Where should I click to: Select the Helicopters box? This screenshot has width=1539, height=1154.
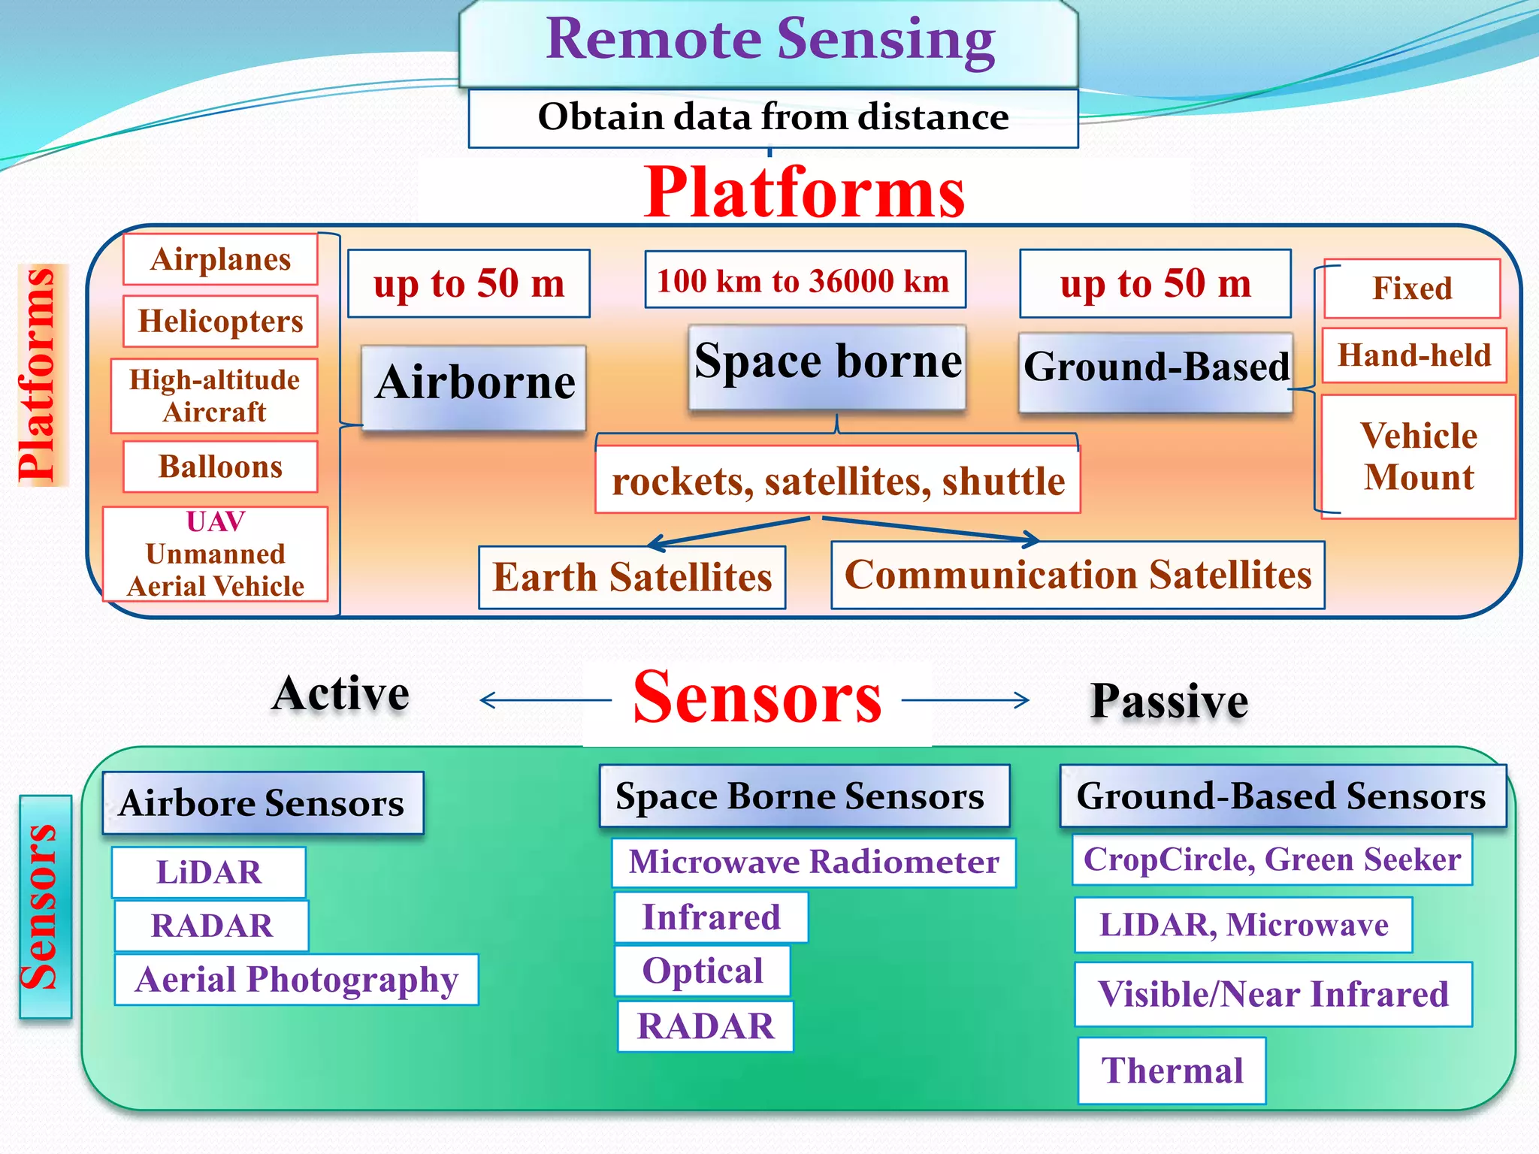pos(220,322)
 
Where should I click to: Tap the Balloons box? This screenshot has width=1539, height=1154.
pos(220,467)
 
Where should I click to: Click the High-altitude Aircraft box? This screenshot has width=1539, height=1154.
pos(214,396)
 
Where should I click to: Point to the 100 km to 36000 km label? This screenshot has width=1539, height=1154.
pos(804,281)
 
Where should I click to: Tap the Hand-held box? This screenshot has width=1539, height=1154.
pos(1414,355)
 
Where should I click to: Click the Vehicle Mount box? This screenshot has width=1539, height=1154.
pos(1418,456)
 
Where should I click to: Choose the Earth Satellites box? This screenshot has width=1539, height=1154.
pos(632,577)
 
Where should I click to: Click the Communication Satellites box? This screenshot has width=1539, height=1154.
pos(1078,575)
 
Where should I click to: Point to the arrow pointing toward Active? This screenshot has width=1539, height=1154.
pos(545,700)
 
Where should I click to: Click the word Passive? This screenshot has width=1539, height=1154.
pos(1169,702)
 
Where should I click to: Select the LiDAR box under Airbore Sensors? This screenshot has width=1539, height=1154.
pos(209,872)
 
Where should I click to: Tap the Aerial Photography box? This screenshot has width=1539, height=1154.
pos(297,980)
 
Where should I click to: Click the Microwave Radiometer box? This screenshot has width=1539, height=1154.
pos(814,862)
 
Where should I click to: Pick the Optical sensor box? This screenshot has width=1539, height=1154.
pos(703,971)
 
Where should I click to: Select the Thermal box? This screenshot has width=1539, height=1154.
pos(1172,1071)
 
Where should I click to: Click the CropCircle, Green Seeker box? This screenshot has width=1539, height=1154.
pos(1271,859)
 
